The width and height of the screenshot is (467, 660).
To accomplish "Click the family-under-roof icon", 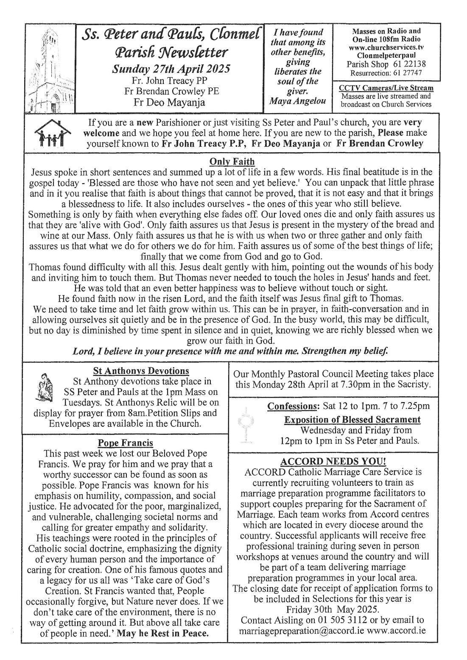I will (50, 132).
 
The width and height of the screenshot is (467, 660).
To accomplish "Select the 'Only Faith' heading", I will (232, 162).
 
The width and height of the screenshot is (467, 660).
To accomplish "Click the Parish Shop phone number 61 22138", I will (407, 64).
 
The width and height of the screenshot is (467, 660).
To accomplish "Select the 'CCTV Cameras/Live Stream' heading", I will (386, 88).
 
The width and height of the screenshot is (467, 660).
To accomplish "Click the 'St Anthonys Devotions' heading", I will (141, 371).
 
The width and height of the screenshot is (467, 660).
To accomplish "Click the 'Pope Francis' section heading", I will (125, 443).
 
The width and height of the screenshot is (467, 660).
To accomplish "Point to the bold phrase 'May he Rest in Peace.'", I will (163, 634).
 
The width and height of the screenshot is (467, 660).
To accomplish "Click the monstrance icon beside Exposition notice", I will (245, 426).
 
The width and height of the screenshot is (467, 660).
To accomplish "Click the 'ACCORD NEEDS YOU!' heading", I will (333, 461).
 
